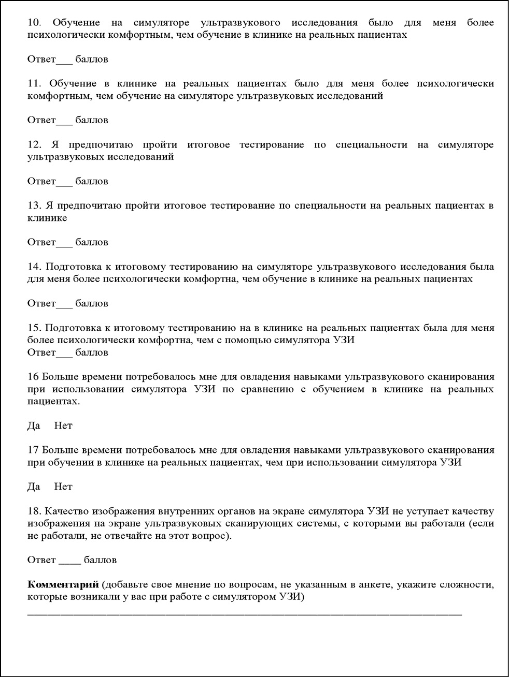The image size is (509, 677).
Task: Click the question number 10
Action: [x=34, y=23]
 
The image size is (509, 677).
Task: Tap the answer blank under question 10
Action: [x=64, y=61]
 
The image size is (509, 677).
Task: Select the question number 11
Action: [x=34, y=84]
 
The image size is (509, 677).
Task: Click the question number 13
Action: [x=34, y=206]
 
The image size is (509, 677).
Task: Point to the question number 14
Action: [x=34, y=267]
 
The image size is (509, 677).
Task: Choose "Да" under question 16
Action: [x=34, y=426]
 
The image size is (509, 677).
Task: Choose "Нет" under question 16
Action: [x=63, y=426]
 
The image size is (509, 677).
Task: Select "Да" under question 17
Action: [x=34, y=487]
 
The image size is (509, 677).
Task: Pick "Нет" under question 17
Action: [x=63, y=487]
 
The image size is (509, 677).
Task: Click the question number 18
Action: [x=34, y=511]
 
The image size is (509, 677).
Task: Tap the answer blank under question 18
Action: [x=69, y=562]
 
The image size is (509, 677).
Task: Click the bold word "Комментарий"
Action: [x=63, y=585]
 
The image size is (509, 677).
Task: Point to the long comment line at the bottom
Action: [x=244, y=613]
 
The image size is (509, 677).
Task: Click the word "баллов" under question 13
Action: [x=92, y=242]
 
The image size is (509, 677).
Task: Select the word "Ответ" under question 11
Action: [x=41, y=120]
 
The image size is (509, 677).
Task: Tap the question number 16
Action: [x=33, y=377]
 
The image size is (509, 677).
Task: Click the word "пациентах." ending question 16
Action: [x=47, y=401]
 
